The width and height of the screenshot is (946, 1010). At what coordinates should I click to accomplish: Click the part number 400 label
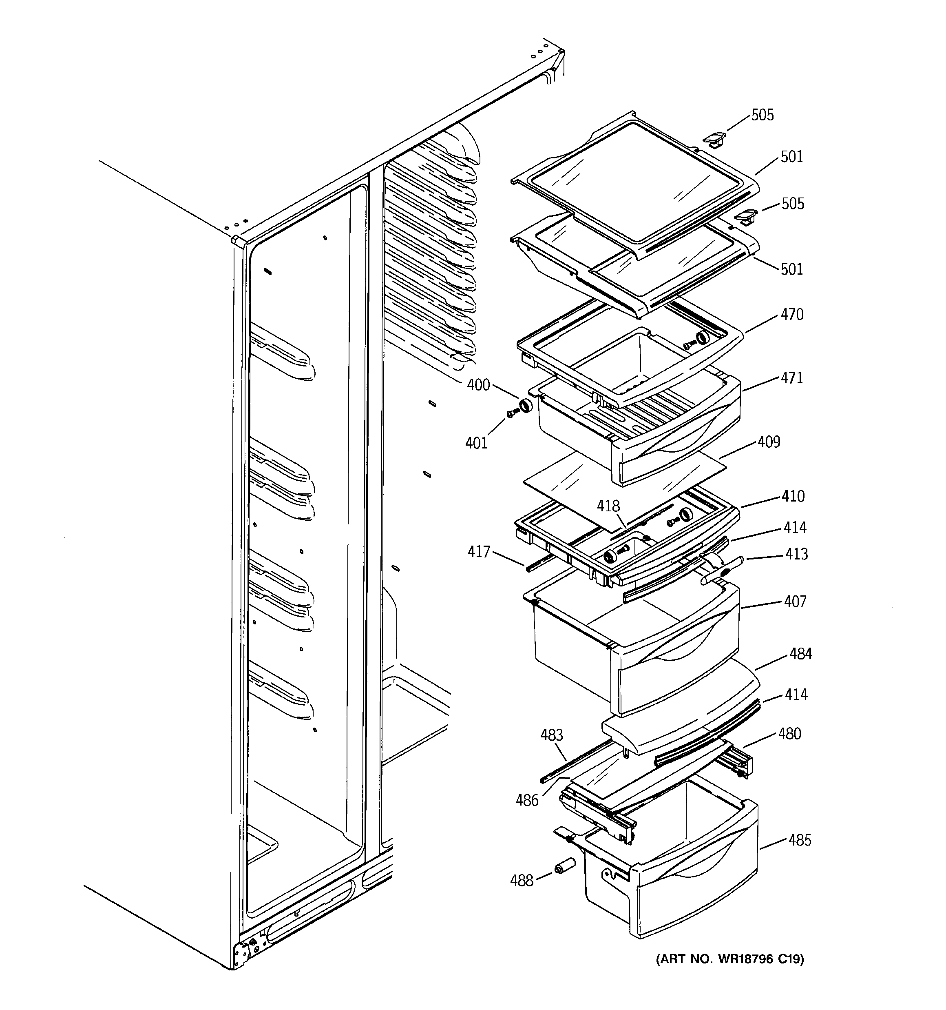tap(478, 385)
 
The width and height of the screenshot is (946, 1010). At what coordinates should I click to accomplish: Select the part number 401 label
tap(476, 444)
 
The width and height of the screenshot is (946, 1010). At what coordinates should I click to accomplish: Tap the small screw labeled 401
tap(511, 415)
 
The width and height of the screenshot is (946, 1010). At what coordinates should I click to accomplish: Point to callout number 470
tap(791, 315)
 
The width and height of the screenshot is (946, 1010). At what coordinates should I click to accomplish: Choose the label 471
tap(791, 378)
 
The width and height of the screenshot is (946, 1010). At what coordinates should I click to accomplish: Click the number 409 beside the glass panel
tap(768, 442)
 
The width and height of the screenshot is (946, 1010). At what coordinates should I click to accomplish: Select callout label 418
tap(608, 506)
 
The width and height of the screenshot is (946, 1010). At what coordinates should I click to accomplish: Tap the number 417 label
tap(478, 551)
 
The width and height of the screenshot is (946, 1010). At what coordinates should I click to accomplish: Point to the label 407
tap(795, 602)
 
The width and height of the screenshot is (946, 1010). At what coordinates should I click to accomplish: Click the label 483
tap(551, 735)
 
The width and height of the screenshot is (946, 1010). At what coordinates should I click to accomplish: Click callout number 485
tap(799, 841)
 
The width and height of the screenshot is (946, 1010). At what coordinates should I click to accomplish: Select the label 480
tap(789, 734)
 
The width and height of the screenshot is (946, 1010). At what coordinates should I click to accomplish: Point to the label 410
tap(793, 496)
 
